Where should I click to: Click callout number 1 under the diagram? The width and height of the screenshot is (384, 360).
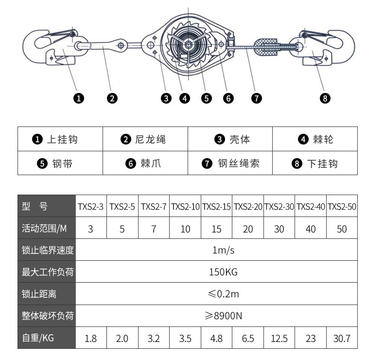(79, 98)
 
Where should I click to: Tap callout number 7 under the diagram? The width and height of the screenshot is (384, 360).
(257, 98)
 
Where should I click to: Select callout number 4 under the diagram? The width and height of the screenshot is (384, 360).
(185, 98)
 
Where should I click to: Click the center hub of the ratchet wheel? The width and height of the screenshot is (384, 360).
(188, 45)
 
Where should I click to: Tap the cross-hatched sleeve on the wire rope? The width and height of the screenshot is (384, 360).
(266, 47)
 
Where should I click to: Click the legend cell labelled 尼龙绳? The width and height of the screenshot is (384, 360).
(145, 139)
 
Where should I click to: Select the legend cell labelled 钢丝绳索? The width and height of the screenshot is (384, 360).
(230, 163)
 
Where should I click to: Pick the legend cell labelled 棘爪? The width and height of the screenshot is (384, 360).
(145, 163)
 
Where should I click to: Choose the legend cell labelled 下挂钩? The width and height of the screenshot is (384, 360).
(315, 163)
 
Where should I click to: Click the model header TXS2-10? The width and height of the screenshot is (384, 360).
(185, 207)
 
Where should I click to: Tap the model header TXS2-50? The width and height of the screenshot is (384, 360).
(342, 207)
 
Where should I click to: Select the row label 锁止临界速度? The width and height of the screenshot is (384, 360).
(48, 250)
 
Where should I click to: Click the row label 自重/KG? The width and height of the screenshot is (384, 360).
(38, 338)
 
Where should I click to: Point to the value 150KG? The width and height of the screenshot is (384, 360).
(223, 272)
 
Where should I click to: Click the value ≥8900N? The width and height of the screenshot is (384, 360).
(223, 316)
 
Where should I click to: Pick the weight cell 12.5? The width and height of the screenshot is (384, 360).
(279, 339)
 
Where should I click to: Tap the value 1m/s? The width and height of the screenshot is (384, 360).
(223, 250)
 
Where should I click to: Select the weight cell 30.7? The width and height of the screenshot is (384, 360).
(342, 339)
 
